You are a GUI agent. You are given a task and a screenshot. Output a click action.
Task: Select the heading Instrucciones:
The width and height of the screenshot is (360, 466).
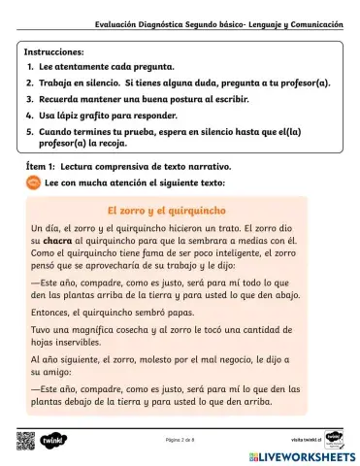(53, 50)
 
